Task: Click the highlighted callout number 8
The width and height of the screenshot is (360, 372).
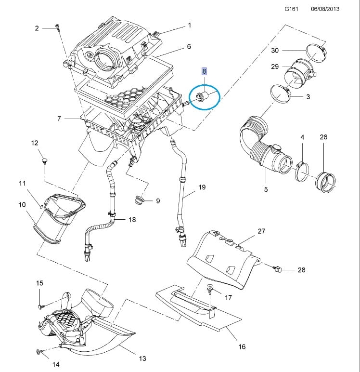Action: coord(204,71)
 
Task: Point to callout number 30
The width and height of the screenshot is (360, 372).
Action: coord(275,50)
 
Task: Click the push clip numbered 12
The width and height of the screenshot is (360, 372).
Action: coord(45,159)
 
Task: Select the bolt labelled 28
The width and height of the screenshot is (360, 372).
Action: coord(278,269)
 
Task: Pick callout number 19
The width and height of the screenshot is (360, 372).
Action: coord(202,187)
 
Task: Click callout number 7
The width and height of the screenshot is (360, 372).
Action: coord(59,119)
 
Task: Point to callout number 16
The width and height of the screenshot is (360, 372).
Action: coord(242,346)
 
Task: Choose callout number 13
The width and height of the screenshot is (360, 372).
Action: coord(142,359)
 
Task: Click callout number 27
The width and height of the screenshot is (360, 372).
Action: coord(261,231)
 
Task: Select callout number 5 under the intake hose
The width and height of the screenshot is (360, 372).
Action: coord(266,189)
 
